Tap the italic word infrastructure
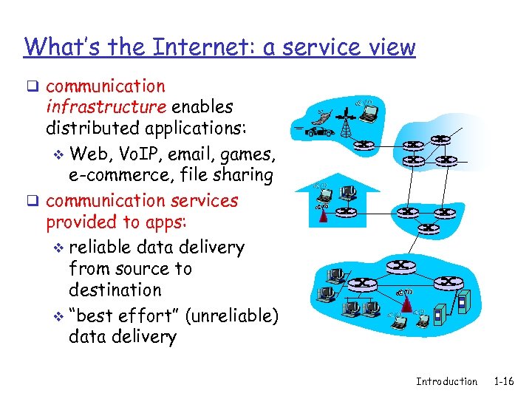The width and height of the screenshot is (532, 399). tap(106, 107)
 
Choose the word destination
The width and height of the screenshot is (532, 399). tap(115, 290)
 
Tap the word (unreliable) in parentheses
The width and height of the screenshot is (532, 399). tap(231, 316)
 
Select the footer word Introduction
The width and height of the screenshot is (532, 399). tap(446, 381)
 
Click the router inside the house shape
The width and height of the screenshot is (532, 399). tap(345, 212)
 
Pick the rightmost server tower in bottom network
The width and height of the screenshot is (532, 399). tap(463, 302)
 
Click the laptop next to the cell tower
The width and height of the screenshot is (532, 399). tap(367, 112)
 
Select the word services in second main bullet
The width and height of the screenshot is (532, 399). tap(205, 200)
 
